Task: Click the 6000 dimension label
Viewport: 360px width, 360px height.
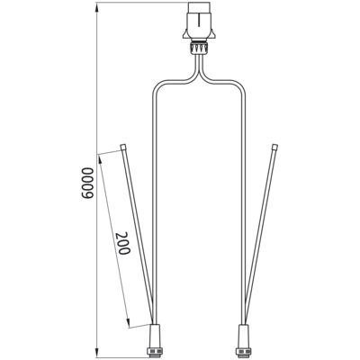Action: [x=87, y=183]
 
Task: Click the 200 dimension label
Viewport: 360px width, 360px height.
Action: [x=123, y=243]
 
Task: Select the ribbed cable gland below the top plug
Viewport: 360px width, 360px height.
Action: [x=198, y=48]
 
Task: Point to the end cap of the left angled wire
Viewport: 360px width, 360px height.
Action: [x=122, y=147]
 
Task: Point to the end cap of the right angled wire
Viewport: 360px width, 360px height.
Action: [x=274, y=147]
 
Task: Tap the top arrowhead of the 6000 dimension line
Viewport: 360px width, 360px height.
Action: [x=97, y=6]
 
